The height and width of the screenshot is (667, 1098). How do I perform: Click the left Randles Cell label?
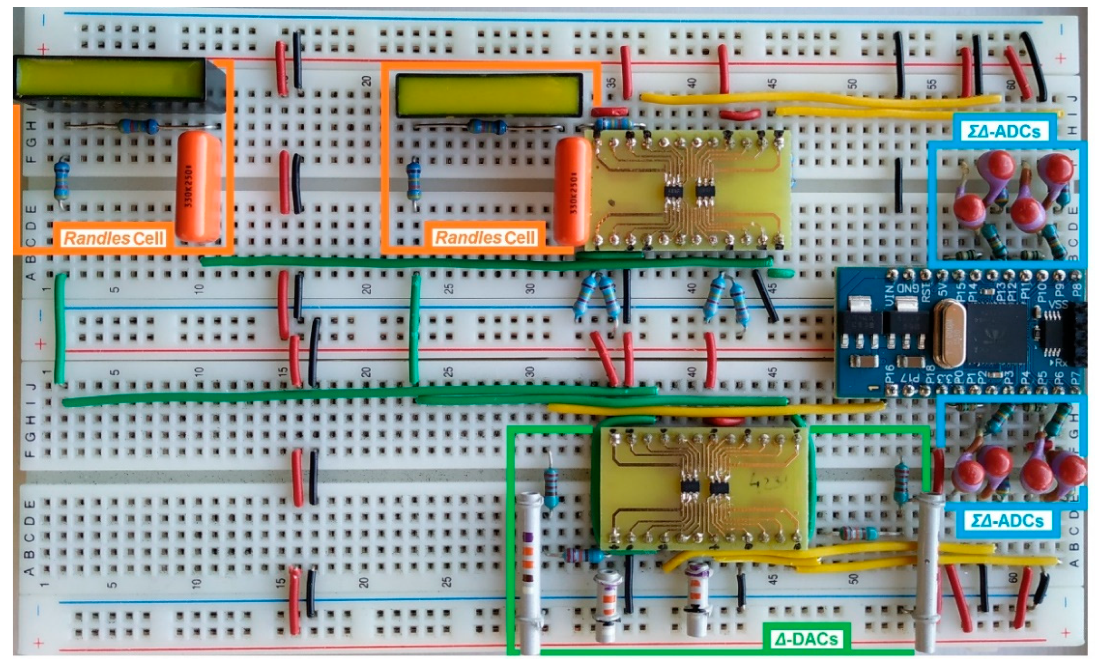[x=114, y=238]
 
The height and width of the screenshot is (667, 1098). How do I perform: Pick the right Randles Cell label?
[x=485, y=238]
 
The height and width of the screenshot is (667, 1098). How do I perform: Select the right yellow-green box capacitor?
[x=489, y=95]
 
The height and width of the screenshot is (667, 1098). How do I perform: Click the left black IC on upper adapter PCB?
[x=673, y=191]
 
